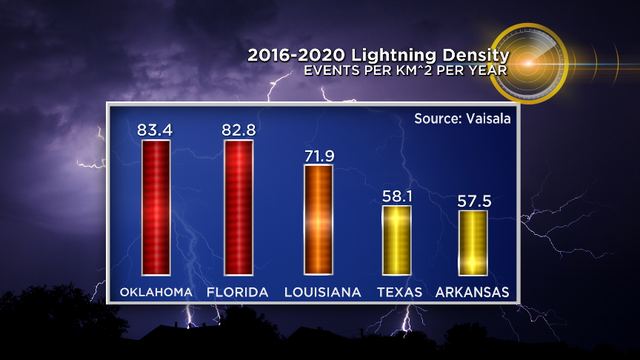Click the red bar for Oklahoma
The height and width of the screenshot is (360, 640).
(x=157, y=207)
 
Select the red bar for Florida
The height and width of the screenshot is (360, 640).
(x=238, y=207)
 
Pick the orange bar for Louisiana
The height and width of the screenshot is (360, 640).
(x=318, y=219)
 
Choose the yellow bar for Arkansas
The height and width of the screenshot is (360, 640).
(x=473, y=242)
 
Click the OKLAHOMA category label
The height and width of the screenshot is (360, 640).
(x=157, y=292)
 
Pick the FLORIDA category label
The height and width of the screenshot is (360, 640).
(x=239, y=292)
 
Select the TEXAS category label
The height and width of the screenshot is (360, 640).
(x=398, y=292)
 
